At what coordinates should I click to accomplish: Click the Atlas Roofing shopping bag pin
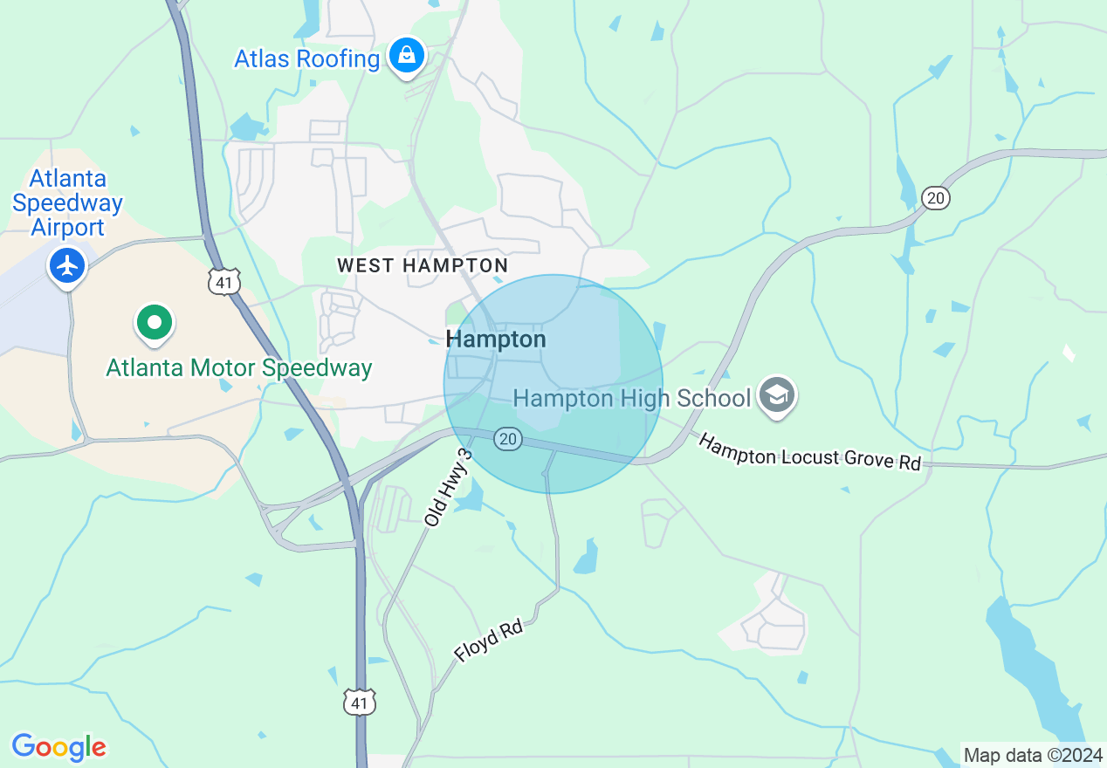click(x=406, y=56)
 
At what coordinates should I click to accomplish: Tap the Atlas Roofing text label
click(x=306, y=59)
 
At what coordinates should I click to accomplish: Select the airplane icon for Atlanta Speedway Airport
click(x=67, y=264)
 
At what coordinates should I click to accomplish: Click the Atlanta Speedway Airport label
click(x=67, y=203)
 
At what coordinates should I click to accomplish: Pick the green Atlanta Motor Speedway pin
click(x=155, y=323)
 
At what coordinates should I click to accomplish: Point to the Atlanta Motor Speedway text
click(x=239, y=368)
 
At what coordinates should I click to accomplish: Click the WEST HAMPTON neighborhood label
click(x=423, y=265)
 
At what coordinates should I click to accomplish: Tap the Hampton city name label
click(x=495, y=339)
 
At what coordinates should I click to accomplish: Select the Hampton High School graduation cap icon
click(x=775, y=396)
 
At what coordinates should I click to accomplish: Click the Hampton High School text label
click(x=631, y=399)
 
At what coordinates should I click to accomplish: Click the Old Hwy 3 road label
click(x=448, y=488)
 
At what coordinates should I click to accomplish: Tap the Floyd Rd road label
click(x=488, y=640)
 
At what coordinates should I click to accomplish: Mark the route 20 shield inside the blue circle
click(x=508, y=439)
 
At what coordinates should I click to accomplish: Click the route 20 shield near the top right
click(x=935, y=198)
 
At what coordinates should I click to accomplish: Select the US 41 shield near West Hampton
click(x=224, y=281)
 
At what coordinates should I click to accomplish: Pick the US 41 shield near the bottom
click(x=360, y=702)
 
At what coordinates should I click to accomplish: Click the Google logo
click(x=58, y=747)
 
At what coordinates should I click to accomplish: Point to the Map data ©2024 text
click(x=1032, y=755)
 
